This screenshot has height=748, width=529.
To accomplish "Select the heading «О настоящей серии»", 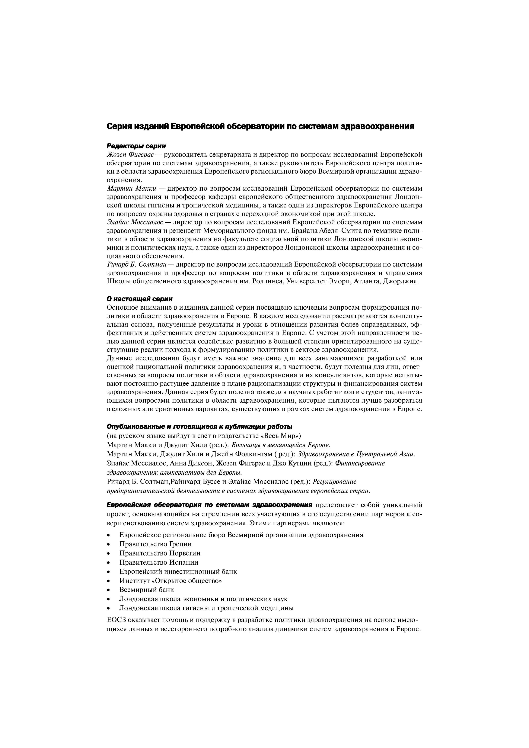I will coord(140,299).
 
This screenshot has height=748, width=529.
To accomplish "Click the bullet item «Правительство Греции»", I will coord(156,544).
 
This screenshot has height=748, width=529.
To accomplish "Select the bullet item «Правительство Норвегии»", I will coord(160,553).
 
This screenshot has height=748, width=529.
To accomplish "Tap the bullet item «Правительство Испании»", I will coord(159,562).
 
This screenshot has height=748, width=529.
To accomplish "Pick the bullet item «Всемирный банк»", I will coord(147,590).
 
